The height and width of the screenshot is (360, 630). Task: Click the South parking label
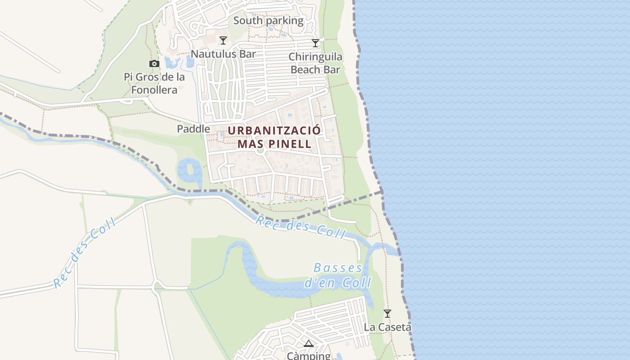(268, 21)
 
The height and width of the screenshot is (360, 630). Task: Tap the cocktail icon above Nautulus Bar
(223, 40)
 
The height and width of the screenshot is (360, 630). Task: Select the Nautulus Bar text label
(223, 54)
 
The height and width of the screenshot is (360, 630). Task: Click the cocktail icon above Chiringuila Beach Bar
(315, 43)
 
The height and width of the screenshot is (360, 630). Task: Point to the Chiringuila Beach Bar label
(315, 63)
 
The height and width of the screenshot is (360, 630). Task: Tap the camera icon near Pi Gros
(154, 64)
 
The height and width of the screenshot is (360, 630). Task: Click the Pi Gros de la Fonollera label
(154, 83)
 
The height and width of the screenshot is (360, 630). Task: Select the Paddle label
(193, 129)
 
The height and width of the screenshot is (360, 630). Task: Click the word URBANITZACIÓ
(274, 130)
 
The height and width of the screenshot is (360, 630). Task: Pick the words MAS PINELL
(274, 144)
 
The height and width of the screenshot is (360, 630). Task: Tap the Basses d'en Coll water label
(338, 275)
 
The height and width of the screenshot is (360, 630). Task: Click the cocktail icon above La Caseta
(387, 313)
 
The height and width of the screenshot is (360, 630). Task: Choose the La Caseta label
(387, 327)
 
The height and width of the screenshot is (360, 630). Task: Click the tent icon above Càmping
(308, 344)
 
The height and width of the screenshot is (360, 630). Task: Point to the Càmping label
(309, 355)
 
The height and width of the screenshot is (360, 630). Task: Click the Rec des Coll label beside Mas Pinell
(300, 227)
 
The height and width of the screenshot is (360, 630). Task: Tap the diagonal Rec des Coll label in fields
(84, 253)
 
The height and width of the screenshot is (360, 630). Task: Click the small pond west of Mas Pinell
(189, 171)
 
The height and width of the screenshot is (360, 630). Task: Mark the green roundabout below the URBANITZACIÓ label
(259, 150)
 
